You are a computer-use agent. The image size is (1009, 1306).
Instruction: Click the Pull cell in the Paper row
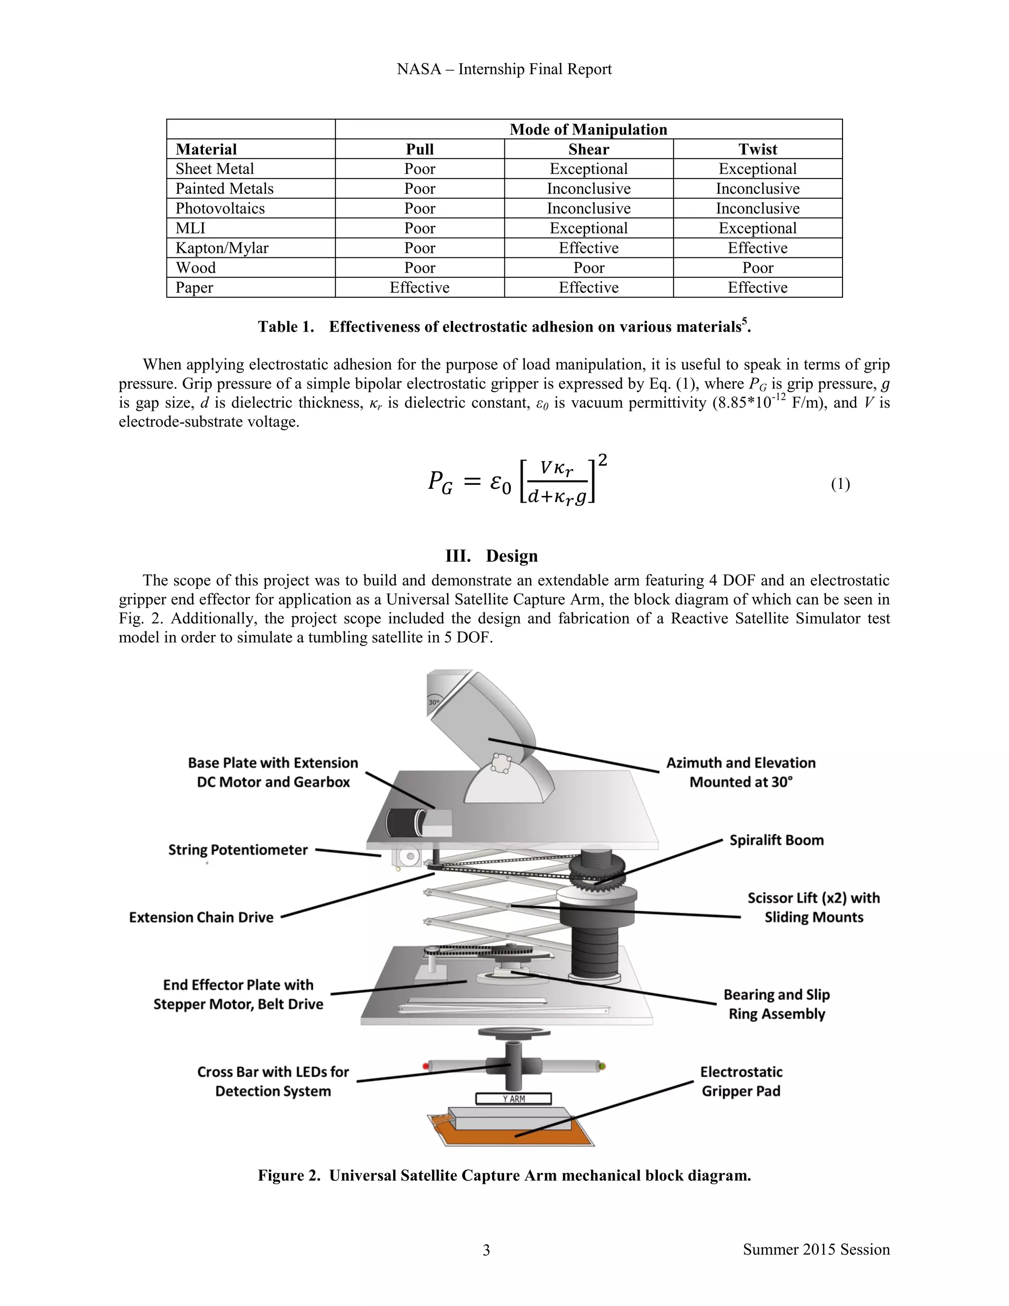(419, 288)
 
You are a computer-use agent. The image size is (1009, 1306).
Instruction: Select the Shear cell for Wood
(588, 268)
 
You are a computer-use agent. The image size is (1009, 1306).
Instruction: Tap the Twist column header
(757, 149)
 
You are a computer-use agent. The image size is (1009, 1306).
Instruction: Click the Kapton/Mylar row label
(222, 248)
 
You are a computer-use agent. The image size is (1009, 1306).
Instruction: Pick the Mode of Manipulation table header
(588, 130)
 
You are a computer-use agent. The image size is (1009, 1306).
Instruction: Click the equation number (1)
(840, 484)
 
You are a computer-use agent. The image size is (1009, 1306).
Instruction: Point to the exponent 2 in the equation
(603, 460)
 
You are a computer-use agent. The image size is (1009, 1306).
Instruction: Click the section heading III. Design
(491, 555)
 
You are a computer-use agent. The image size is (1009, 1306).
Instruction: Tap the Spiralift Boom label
(776, 840)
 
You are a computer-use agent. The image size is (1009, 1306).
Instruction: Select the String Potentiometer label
(237, 850)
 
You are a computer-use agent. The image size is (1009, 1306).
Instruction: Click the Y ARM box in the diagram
(513, 1099)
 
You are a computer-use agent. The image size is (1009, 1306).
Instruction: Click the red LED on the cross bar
(426, 1066)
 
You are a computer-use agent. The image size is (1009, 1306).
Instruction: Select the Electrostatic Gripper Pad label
(740, 1081)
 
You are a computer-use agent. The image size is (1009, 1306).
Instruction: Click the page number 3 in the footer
(486, 1250)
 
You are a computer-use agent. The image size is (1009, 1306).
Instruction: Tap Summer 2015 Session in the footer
(816, 1250)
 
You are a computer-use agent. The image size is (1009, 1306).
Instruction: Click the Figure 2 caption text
(504, 1175)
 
